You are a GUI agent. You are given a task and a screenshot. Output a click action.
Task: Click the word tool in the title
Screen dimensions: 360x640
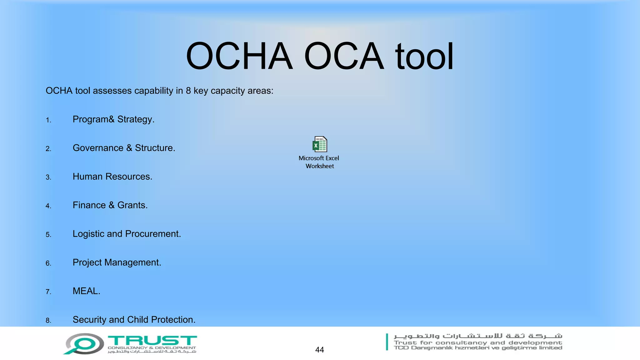pyautogui.click(x=424, y=56)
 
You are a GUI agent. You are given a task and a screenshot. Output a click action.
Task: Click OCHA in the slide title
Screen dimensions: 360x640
pyautogui.click(x=239, y=56)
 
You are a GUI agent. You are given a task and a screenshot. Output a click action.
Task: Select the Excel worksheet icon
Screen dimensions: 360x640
pyautogui.click(x=320, y=144)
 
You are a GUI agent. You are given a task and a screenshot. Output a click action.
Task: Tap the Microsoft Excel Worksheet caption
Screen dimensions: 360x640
pyautogui.click(x=319, y=162)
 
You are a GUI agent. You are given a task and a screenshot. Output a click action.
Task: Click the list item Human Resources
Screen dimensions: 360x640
pyautogui.click(x=112, y=177)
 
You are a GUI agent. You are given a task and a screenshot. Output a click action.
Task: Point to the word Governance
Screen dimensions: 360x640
pyautogui.click(x=98, y=148)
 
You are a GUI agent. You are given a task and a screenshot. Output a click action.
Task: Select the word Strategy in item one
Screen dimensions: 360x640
pyautogui.click(x=136, y=119)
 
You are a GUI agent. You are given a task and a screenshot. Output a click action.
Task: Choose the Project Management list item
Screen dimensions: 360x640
pyautogui.click(x=117, y=262)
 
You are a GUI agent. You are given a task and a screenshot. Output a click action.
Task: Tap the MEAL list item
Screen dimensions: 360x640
pyautogui.click(x=86, y=291)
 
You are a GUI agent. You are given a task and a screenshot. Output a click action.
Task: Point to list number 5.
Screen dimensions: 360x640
pyautogui.click(x=48, y=235)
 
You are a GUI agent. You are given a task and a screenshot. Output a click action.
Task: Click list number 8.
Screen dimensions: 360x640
pyautogui.click(x=48, y=321)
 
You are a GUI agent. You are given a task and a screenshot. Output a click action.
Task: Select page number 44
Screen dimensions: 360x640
pyautogui.click(x=319, y=350)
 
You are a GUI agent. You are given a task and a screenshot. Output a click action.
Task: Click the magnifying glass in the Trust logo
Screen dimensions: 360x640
pyautogui.click(x=83, y=344)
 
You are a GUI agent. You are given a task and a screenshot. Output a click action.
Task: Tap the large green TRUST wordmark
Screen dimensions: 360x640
pyautogui.click(x=152, y=340)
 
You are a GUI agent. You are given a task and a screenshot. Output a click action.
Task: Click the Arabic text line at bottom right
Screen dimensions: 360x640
pyautogui.click(x=478, y=336)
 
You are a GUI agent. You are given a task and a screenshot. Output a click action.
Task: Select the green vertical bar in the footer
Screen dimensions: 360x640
pyautogui.click(x=387, y=342)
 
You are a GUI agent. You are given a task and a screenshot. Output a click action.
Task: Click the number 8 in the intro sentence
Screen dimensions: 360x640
pyautogui.click(x=188, y=91)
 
